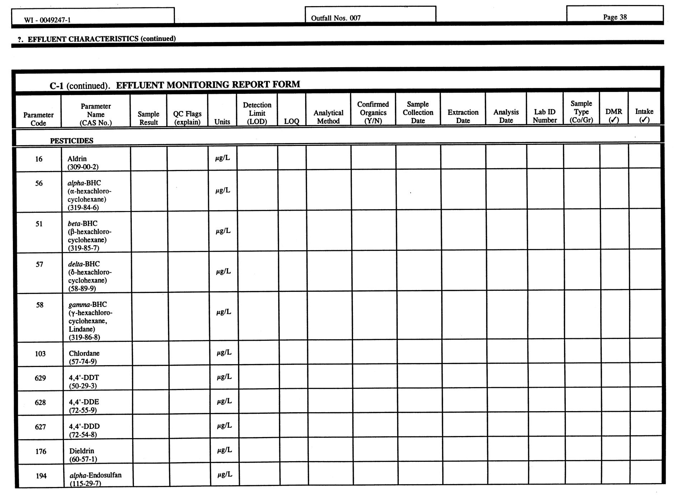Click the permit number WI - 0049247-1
[47, 20]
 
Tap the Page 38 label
[615, 17]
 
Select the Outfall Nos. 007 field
[336, 18]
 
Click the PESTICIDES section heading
[71, 141]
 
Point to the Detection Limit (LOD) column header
[257, 113]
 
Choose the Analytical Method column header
[328, 117]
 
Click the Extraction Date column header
[463, 116]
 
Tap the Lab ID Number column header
[544, 116]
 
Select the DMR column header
[614, 115]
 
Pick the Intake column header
[644, 115]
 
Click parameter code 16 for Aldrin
[39, 159]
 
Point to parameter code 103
[40, 354]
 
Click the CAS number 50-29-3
[83, 386]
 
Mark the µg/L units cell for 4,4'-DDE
[224, 401]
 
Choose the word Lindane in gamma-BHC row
[82, 329]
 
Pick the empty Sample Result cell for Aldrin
[149, 159]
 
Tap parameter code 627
[40, 427]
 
